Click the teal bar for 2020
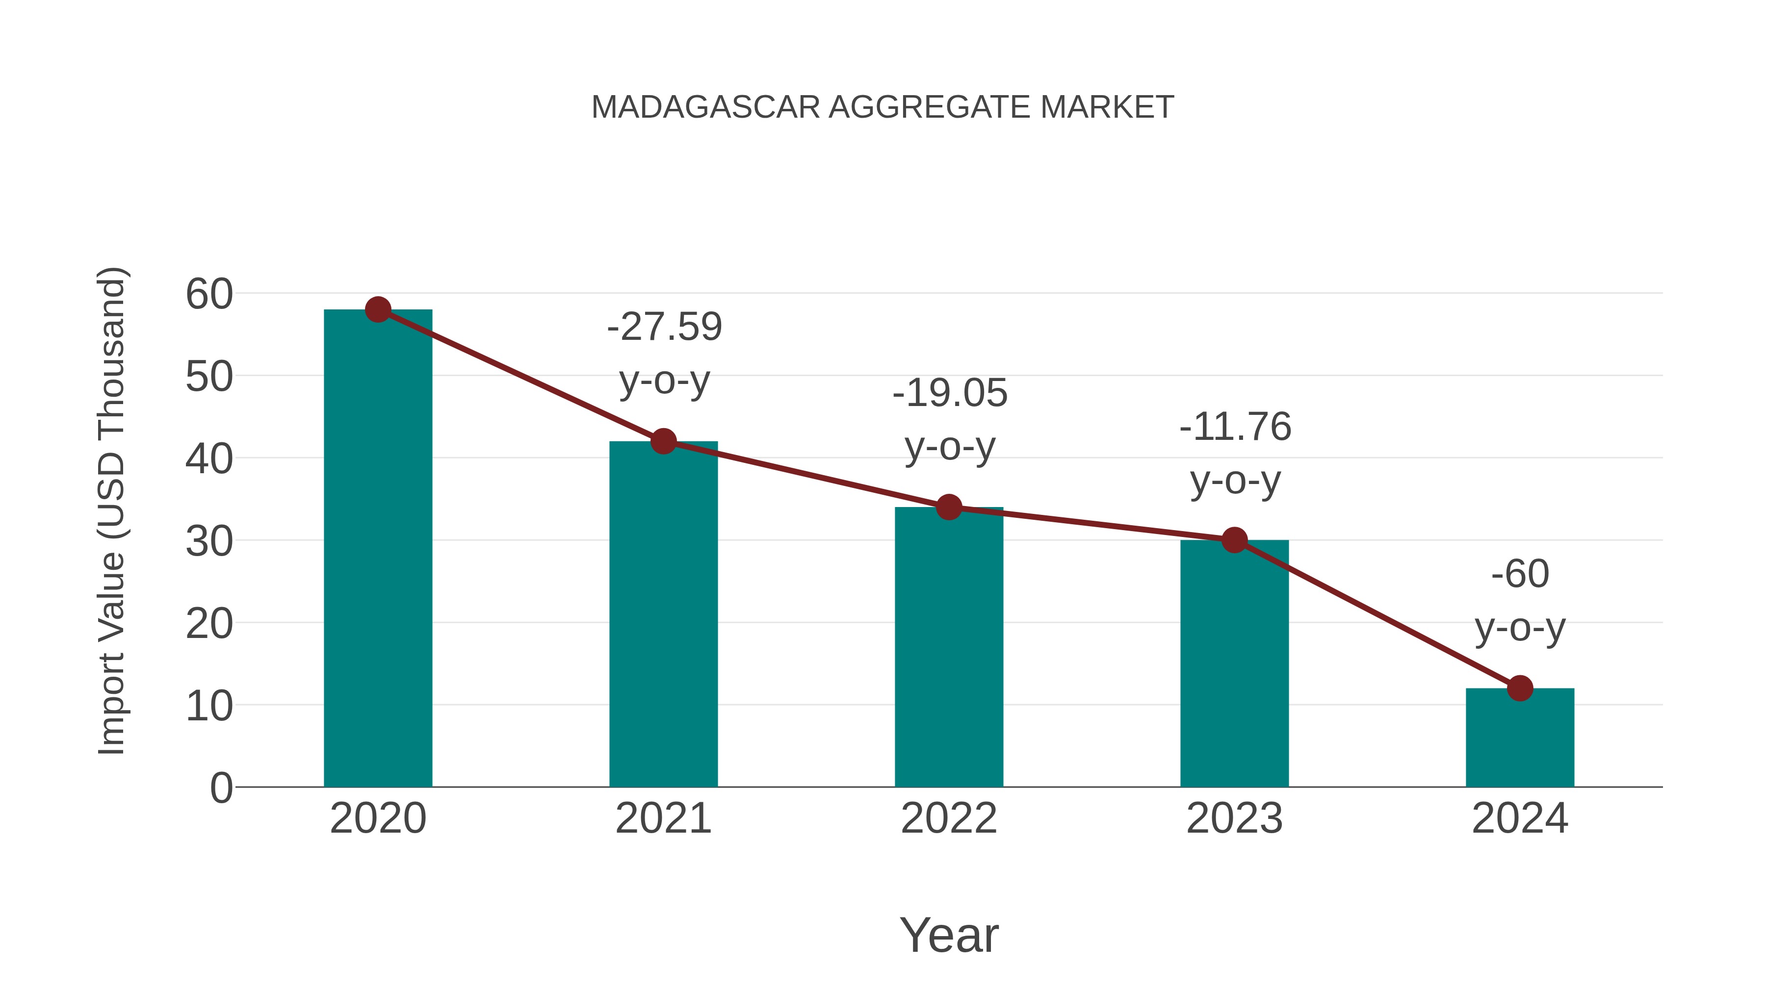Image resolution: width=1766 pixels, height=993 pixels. coord(378,548)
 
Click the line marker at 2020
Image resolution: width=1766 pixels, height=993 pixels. coord(378,310)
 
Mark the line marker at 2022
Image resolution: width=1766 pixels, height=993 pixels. coord(949,507)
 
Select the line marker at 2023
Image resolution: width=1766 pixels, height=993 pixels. coord(1234,540)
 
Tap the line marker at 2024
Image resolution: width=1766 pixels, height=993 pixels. coord(1520,688)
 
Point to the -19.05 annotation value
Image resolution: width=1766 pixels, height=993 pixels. coord(950,393)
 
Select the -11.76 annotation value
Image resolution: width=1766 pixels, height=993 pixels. coord(1235,427)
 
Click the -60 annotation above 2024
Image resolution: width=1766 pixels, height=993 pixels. coord(1520,574)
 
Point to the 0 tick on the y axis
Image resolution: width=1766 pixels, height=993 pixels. coord(221,788)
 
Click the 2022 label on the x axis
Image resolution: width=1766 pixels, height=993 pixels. coord(949,818)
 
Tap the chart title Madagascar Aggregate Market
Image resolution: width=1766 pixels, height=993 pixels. coord(883,107)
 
